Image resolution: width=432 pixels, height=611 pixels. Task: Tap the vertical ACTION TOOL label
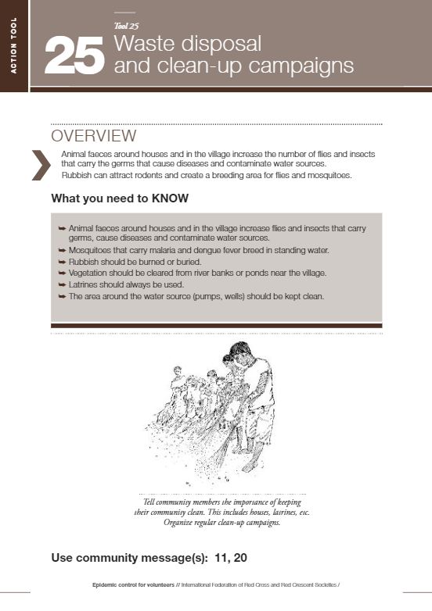point(13,47)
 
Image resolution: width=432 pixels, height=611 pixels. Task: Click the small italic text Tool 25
point(126,25)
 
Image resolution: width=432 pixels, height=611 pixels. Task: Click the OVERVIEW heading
point(93,137)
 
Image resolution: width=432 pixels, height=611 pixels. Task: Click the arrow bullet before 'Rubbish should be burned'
point(62,262)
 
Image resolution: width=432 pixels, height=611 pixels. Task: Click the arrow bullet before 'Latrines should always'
point(62,284)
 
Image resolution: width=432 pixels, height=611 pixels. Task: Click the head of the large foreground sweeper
point(234,356)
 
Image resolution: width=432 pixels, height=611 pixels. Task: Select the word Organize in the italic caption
point(179,523)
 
